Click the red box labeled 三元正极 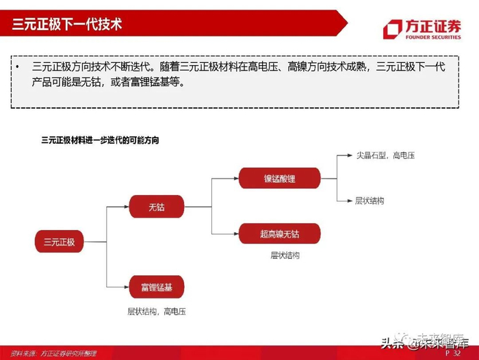click(x=59, y=242)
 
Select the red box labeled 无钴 click(x=156, y=206)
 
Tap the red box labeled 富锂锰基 click(x=156, y=286)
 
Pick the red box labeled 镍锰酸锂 click(x=279, y=179)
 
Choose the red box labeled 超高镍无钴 click(x=279, y=234)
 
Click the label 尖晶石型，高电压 click(x=385, y=155)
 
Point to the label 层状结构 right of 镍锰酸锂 click(x=370, y=201)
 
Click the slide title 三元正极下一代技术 click(x=67, y=25)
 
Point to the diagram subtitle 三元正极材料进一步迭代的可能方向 click(x=100, y=140)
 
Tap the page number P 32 click(x=452, y=354)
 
